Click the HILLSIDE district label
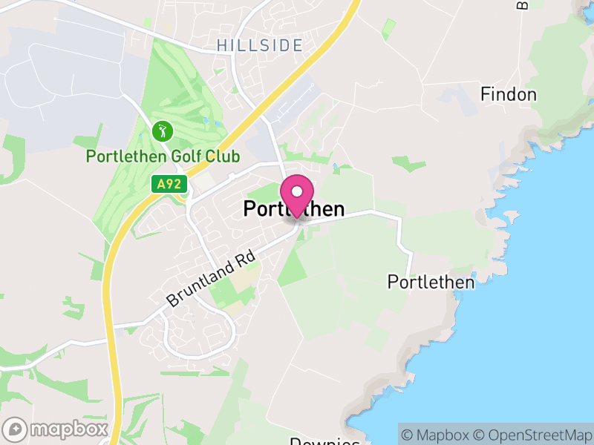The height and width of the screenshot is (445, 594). click(260, 46)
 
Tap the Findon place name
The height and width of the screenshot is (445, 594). click(508, 94)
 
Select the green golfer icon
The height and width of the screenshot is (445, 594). click(163, 132)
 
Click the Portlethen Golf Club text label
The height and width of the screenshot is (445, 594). click(163, 156)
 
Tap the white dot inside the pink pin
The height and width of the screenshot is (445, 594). click(297, 191)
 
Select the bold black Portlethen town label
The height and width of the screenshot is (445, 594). click(294, 210)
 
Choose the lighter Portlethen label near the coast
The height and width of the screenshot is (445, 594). click(431, 283)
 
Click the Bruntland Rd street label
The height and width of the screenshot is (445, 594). click(211, 279)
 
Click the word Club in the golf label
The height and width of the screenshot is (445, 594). click(224, 156)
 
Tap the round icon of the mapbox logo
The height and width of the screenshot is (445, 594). click(16, 429)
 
